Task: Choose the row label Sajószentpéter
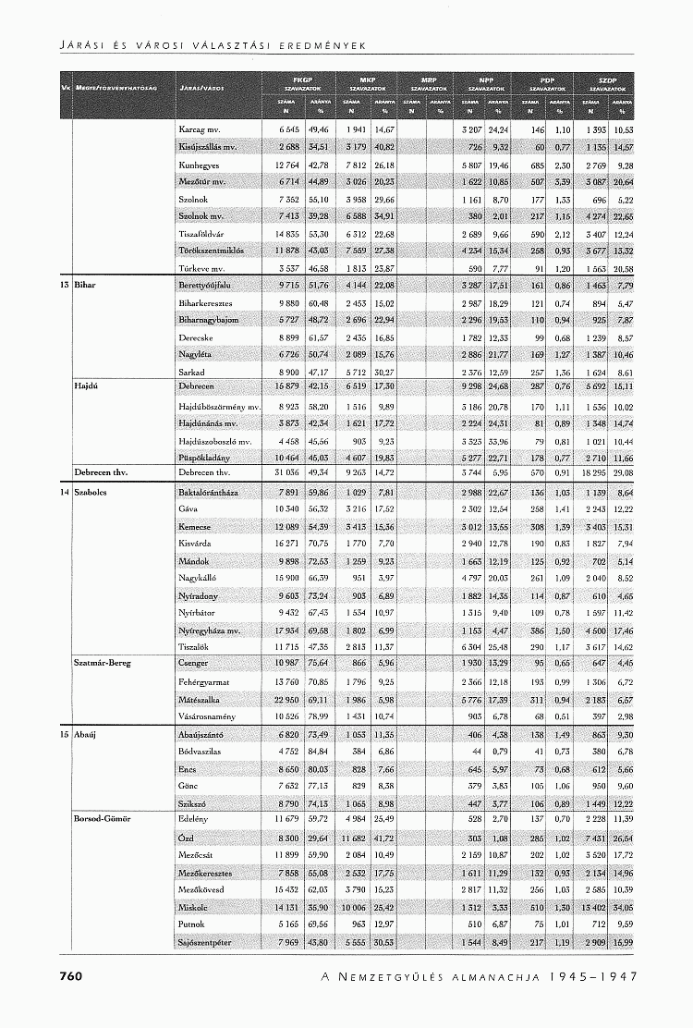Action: coord(204,942)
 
